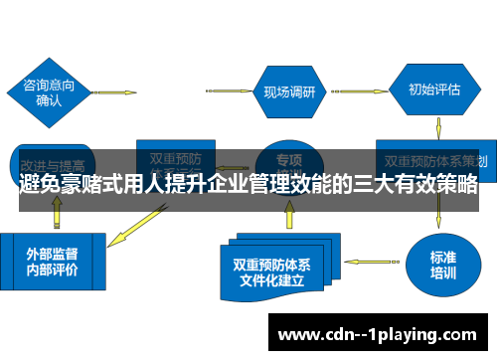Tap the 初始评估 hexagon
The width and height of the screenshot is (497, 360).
click(434, 89)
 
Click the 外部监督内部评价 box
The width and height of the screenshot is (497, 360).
click(52, 262)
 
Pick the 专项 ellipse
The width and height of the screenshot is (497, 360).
click(288, 159)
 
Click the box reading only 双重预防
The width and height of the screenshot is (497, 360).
click(175, 157)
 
